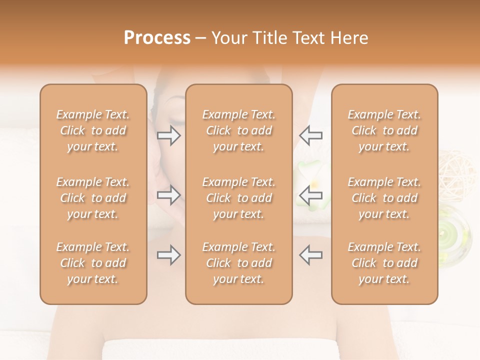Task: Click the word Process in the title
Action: (157, 38)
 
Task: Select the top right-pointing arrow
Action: (168, 135)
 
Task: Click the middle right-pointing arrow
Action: (168, 195)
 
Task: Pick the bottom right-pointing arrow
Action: (168, 255)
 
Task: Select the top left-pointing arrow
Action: (310, 135)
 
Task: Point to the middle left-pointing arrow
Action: (310, 195)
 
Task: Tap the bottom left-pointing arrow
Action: (310, 255)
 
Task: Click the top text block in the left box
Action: (93, 130)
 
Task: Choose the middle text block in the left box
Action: (93, 198)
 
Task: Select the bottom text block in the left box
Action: (93, 263)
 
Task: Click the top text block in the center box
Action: (238, 130)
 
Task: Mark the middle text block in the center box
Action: (238, 198)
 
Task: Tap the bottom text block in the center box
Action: (238, 263)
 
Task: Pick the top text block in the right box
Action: (384, 130)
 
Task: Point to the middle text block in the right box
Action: (384, 198)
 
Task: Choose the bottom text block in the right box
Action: (384, 263)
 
